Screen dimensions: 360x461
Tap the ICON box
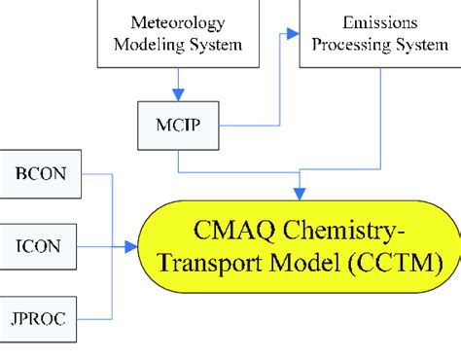pyautogui.click(x=40, y=247)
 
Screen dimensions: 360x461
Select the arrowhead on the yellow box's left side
pyautogui.click(x=136, y=247)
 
